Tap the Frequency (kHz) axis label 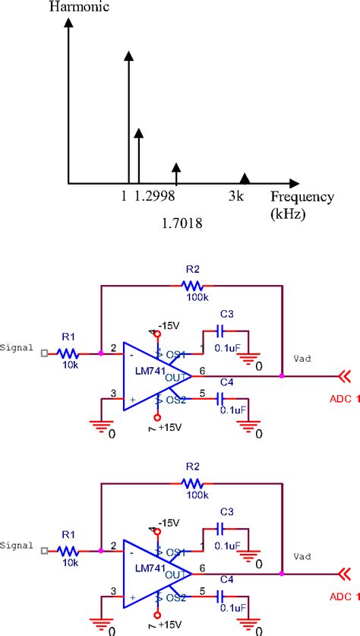coord(302,205)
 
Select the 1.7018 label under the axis coord(182,223)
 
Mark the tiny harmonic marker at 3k coord(245,178)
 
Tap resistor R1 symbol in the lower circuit coord(69,549)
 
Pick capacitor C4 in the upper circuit coord(220,398)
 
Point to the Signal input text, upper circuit coord(17,348)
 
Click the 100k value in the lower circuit coord(194,495)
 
